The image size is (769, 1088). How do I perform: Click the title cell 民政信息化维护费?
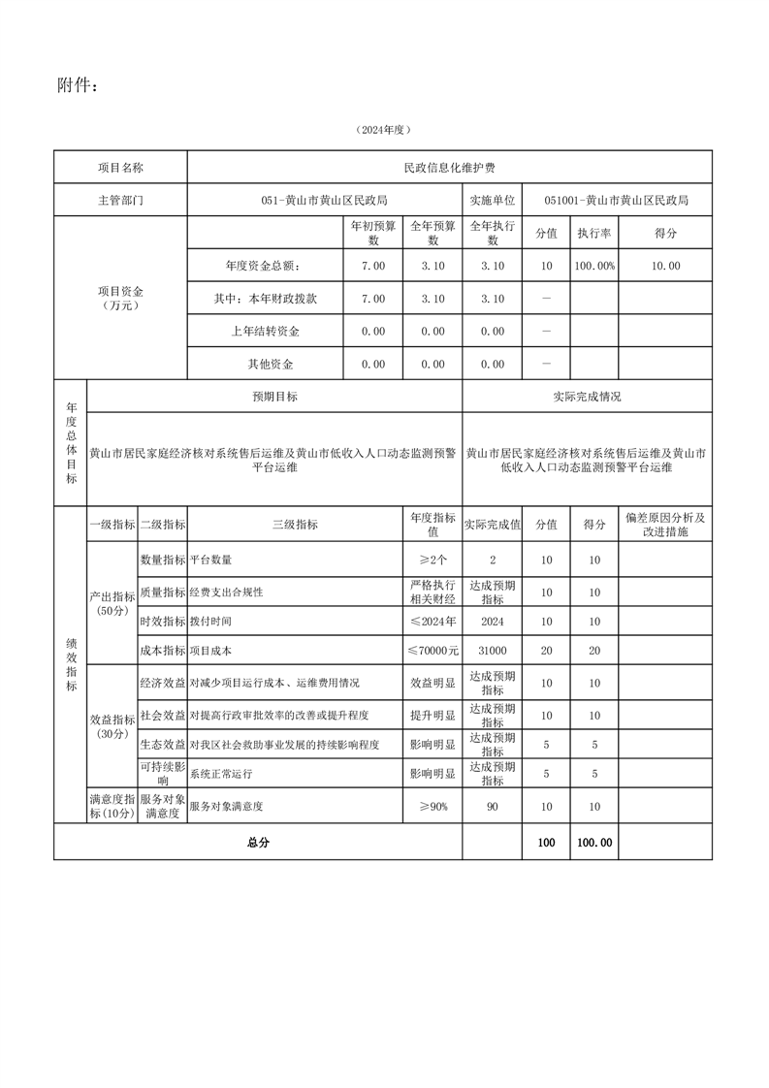[x=449, y=168]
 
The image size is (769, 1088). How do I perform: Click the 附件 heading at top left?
[x=78, y=86]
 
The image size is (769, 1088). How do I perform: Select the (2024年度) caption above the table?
[x=383, y=129]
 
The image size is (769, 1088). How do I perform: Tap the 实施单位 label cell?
[x=492, y=201]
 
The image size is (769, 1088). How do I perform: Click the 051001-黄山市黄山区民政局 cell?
[x=616, y=201]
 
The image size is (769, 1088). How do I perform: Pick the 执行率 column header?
[x=593, y=234]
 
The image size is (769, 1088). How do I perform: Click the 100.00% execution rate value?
[x=593, y=266]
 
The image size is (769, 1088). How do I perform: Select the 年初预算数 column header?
[x=373, y=234]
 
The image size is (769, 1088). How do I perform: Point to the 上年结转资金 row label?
[x=265, y=332]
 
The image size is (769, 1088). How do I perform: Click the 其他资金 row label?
[x=265, y=365]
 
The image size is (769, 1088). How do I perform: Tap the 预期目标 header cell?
[x=274, y=397]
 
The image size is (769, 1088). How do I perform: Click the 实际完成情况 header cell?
[x=587, y=397]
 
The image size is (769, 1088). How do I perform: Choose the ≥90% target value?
[x=433, y=806]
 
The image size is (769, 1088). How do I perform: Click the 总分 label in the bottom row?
[x=258, y=843]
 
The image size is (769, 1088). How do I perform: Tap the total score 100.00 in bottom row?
[x=593, y=843]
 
